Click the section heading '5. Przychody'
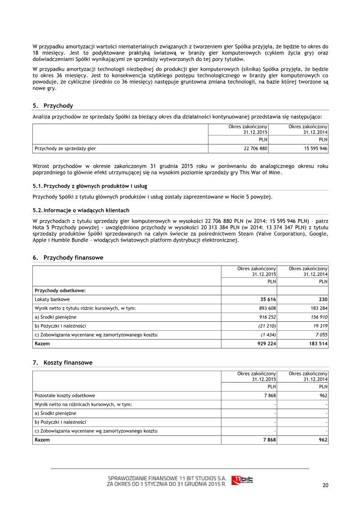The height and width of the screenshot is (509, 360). tap(53, 106)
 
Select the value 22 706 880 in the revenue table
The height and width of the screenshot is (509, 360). tap(256, 148)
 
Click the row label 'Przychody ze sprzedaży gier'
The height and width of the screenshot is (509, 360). tap(65, 148)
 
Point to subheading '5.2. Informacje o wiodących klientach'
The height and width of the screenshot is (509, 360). tap(81, 210)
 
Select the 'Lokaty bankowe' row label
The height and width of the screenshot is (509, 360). tap(52, 299)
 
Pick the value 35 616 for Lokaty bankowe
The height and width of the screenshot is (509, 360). tap(267, 299)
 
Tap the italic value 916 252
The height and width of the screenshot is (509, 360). tap(265, 317)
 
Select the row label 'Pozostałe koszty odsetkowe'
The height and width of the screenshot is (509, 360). tap(65, 396)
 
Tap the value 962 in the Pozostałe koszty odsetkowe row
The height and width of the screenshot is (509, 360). tap(323, 396)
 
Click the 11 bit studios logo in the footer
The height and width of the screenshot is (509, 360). tap(242, 480)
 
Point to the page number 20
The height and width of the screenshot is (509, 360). tap(325, 485)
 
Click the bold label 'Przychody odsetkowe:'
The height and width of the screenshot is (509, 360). tap(60, 291)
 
